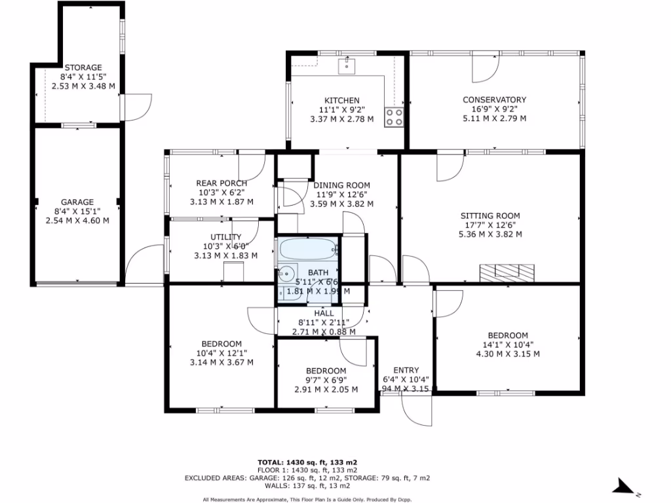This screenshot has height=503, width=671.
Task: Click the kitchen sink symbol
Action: pyautogui.click(x=347, y=65)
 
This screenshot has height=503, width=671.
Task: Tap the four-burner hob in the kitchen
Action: pyautogui.click(x=394, y=117)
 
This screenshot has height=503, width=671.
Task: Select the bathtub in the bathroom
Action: pyautogui.click(x=307, y=250)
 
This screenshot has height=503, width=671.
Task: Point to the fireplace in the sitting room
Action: pyautogui.click(x=507, y=271)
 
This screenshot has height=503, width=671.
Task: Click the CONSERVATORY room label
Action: pyautogui.click(x=495, y=100)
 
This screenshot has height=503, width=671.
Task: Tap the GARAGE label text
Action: pyautogui.click(x=77, y=202)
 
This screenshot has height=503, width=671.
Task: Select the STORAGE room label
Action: pyautogui.click(x=83, y=67)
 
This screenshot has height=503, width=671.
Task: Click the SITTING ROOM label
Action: pyautogui.click(x=490, y=215)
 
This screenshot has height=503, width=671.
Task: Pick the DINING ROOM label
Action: pyautogui.click(x=341, y=185)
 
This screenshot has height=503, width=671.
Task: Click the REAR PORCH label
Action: pyautogui.click(x=221, y=183)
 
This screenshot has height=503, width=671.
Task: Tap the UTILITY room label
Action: pyautogui.click(x=226, y=237)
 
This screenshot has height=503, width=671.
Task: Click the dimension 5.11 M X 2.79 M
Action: pyautogui.click(x=495, y=119)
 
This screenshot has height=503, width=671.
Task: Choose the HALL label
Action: pyautogui.click(x=324, y=313)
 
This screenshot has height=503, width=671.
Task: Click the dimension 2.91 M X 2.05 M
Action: pyautogui.click(x=326, y=389)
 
